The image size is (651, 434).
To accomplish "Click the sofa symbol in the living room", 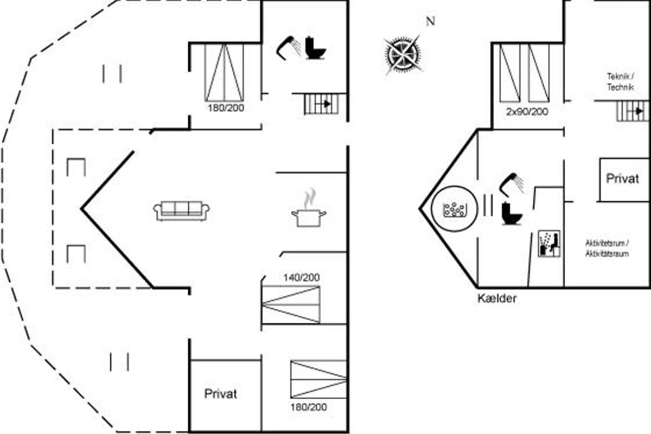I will click(x=182, y=211).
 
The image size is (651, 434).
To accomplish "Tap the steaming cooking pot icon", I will click(x=309, y=212).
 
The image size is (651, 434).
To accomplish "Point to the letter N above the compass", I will click(x=430, y=22).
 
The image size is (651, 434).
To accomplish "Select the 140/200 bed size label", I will click(x=301, y=278).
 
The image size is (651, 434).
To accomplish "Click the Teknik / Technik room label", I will click(x=620, y=82).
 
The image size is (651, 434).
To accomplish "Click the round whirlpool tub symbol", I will click(x=454, y=209).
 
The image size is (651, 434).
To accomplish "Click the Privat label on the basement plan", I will click(x=622, y=180).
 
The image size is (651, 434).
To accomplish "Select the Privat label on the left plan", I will click(x=221, y=394).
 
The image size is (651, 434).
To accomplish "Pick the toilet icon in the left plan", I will click(x=315, y=48).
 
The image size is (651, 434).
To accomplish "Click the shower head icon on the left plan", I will click(x=289, y=46).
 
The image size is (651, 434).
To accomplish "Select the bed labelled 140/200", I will click(x=291, y=304).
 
